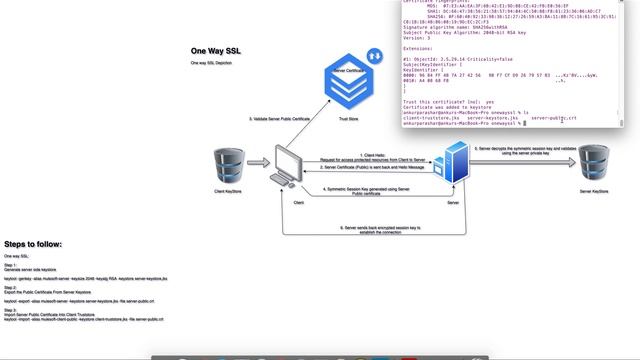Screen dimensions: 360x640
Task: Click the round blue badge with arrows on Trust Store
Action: tap(375, 57)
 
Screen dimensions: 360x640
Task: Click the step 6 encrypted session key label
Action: tap(371, 229)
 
